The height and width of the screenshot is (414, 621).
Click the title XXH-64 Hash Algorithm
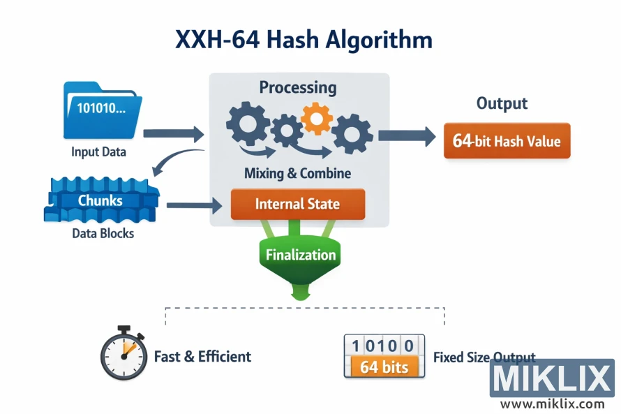(x=303, y=40)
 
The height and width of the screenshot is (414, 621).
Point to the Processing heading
(x=298, y=87)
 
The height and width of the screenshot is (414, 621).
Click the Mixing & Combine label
(x=297, y=173)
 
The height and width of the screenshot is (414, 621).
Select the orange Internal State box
(x=297, y=204)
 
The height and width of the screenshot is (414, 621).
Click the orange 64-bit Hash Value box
(x=507, y=141)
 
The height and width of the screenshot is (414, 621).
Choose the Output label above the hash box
(x=502, y=103)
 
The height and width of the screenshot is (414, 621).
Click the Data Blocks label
(x=103, y=233)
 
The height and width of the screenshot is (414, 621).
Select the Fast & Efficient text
(x=202, y=357)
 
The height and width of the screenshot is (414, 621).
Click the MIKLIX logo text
(x=551, y=379)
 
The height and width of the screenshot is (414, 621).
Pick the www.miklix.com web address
(x=552, y=404)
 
